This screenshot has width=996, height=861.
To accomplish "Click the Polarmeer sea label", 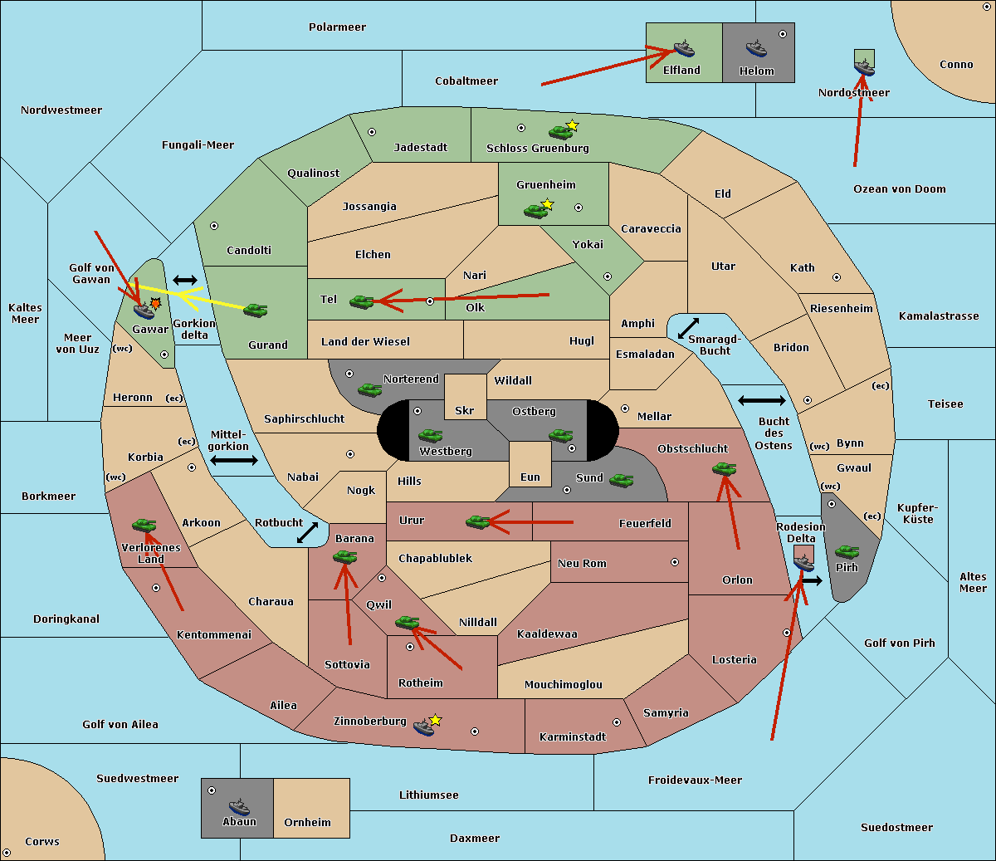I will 337,27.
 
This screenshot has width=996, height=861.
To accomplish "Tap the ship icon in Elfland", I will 684,49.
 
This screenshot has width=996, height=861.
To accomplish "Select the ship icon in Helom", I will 755,49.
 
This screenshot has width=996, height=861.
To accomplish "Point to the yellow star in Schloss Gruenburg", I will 572,125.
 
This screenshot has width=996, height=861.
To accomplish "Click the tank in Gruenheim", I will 535,212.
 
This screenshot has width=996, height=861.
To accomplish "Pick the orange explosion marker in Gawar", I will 155,304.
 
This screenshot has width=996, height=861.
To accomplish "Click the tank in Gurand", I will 255,310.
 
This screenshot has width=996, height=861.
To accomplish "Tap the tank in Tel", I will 361,302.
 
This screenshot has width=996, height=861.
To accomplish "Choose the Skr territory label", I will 465,411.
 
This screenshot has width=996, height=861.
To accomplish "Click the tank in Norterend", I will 369,389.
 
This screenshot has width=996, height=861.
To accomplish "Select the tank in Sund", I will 621,480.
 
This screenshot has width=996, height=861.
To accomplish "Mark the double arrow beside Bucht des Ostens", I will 761,401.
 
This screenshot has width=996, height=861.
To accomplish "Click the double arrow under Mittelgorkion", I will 234,461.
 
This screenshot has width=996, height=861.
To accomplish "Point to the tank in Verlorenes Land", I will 144,526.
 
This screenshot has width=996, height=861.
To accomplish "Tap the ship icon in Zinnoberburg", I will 424,728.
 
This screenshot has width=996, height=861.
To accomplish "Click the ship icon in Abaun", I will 239,806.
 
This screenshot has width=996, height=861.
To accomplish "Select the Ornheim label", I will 307,823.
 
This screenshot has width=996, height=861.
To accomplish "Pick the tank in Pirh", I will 847,551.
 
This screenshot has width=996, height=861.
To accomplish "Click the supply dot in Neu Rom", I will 675,562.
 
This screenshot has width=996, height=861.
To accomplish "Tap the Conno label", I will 956,65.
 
